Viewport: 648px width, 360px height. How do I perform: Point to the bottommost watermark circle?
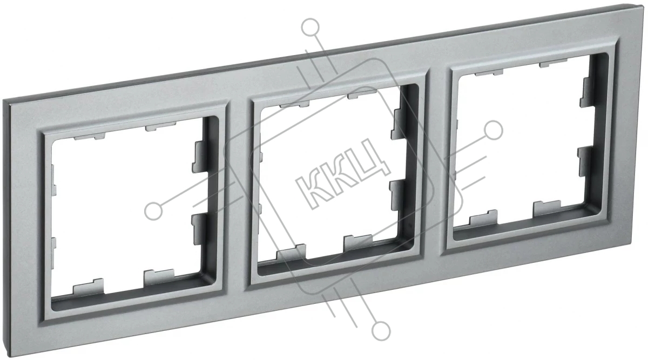381,331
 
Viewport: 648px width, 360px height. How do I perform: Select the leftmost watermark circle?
153,211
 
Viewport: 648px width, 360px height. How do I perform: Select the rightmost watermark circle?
493,131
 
